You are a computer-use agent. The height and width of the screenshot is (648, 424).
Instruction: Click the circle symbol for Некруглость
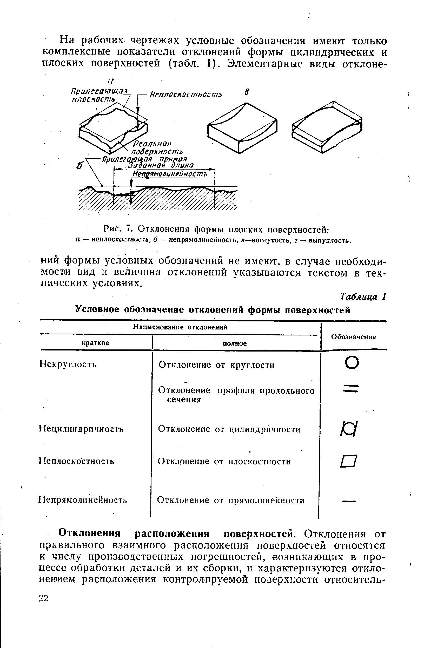tap(352, 363)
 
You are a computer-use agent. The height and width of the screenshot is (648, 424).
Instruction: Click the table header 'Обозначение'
tap(353, 337)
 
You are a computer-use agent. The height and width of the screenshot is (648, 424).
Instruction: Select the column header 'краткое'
tap(95, 343)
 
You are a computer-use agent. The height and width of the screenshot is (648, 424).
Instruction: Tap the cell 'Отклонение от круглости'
tap(216, 365)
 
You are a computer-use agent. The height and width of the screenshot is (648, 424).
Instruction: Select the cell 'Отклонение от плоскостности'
tap(224, 462)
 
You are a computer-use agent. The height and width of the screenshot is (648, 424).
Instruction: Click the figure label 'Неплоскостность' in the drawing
tap(186, 95)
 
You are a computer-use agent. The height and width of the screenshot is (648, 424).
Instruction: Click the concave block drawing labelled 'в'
tap(242, 127)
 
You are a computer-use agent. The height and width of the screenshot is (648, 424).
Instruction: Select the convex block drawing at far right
tap(327, 127)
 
